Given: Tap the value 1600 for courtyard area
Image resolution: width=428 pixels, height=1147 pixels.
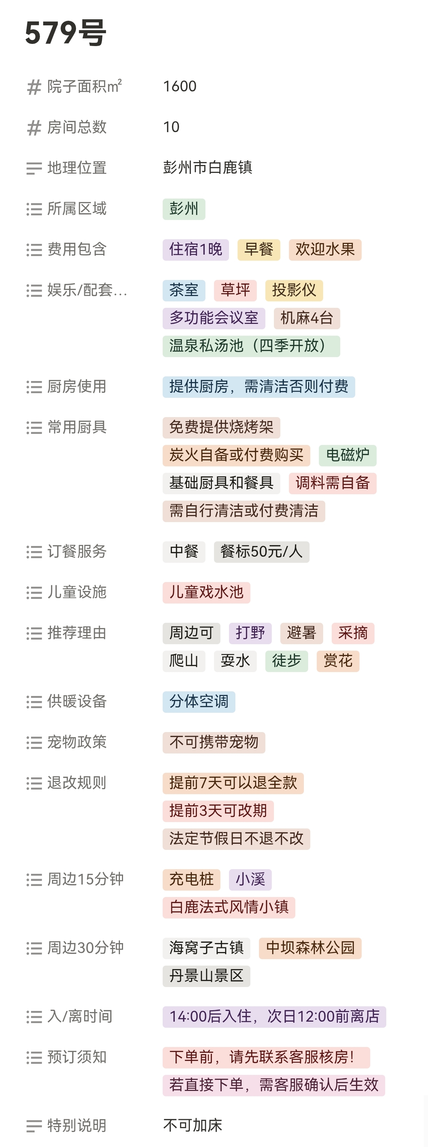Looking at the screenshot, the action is tap(180, 86).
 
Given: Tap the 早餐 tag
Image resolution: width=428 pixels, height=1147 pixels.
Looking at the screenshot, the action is tap(259, 249).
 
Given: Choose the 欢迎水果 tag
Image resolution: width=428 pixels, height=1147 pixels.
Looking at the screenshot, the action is tap(325, 249).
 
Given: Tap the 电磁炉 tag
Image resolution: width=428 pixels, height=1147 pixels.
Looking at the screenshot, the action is tap(347, 455).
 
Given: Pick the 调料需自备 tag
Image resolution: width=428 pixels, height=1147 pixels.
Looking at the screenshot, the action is tap(332, 483).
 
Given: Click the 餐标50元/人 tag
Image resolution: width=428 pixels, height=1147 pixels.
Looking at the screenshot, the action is tap(261, 552).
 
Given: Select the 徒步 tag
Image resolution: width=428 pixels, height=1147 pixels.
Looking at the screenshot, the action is tap(286, 661).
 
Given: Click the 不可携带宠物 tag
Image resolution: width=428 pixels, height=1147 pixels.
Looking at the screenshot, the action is tap(214, 742).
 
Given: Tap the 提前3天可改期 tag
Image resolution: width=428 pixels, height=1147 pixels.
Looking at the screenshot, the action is tap(218, 811).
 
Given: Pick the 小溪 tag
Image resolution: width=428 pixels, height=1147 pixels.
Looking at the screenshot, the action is tap(250, 880).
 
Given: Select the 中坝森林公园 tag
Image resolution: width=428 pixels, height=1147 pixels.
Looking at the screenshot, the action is tap(310, 948).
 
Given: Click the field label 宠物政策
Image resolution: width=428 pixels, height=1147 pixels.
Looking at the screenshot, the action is tap(77, 742).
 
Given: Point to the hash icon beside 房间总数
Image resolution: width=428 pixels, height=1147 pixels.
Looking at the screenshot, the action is tap(34, 128).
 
